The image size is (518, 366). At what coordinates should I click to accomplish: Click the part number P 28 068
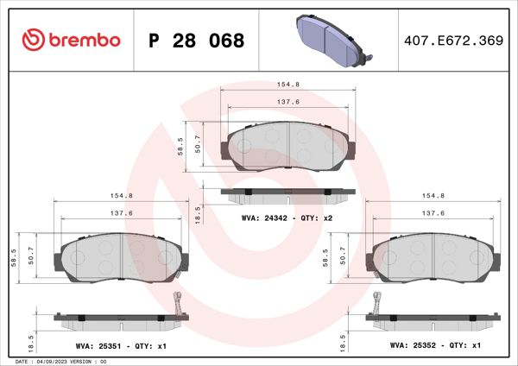(197, 41)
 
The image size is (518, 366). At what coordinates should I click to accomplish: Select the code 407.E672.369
(452, 41)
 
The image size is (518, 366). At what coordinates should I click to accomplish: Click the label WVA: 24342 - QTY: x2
(286, 218)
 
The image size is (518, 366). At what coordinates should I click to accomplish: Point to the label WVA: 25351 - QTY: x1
(118, 345)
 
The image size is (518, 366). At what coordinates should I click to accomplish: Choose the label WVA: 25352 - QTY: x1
(435, 345)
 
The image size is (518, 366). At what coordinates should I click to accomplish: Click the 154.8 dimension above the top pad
(287, 85)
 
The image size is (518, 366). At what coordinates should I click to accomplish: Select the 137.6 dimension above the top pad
(287, 101)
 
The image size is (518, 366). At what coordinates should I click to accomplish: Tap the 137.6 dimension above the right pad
(433, 212)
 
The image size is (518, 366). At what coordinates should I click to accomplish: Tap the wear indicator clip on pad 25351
(179, 304)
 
